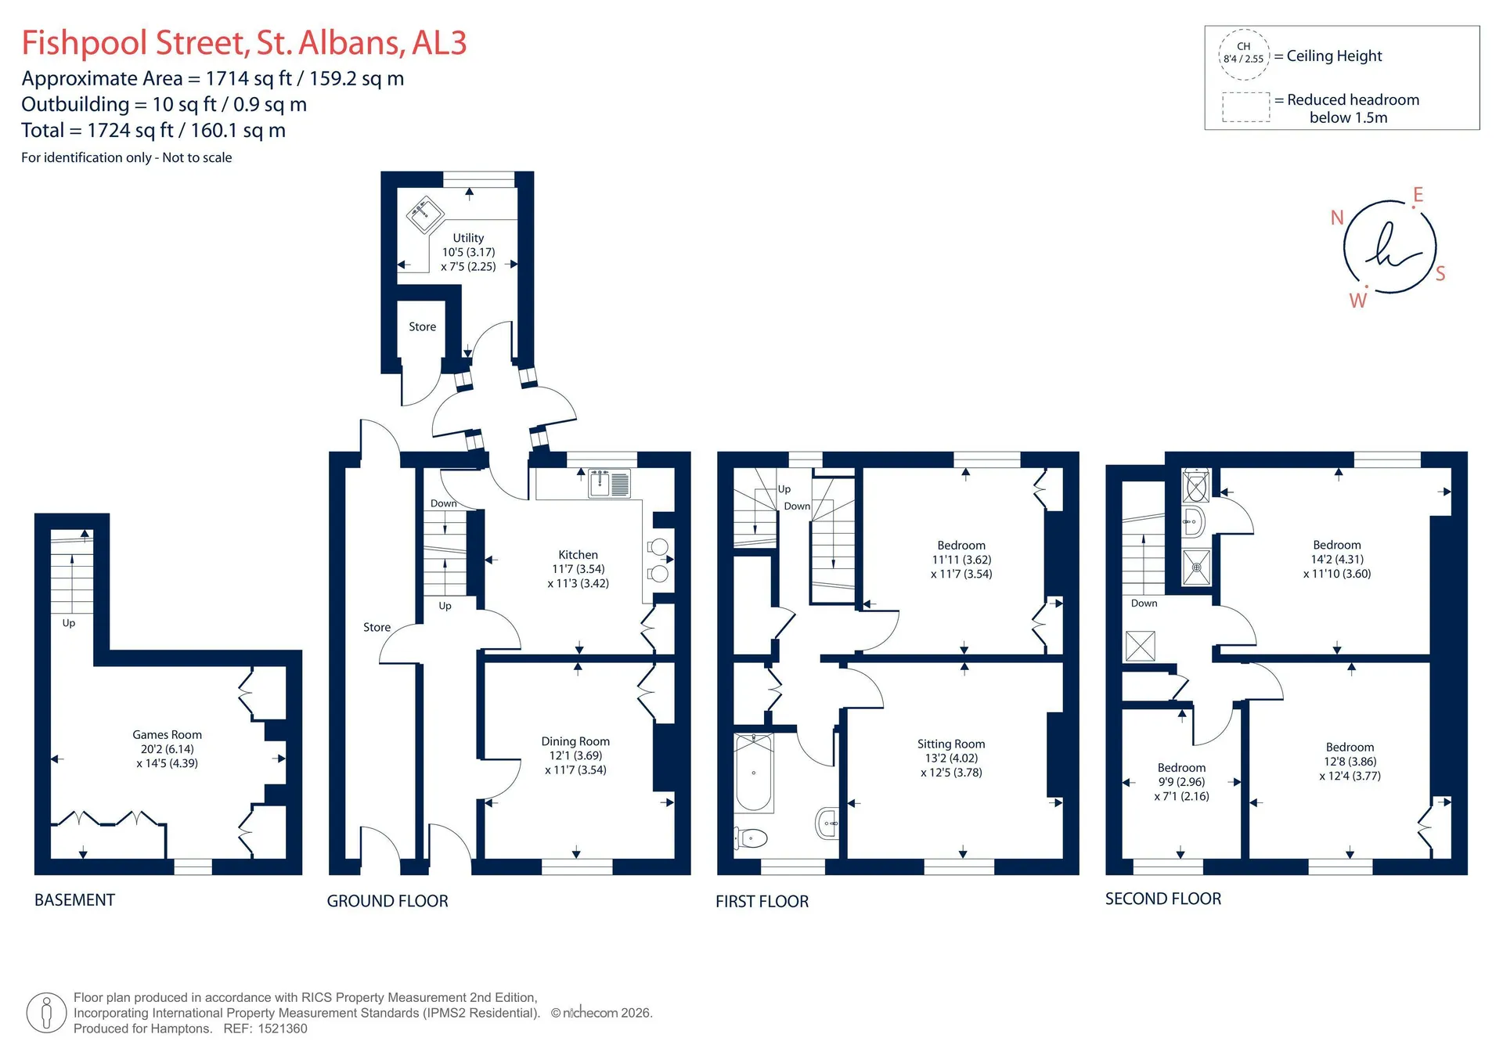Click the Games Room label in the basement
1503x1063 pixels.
tap(167, 734)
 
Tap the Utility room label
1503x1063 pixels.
tap(468, 238)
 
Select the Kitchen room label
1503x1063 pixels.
tap(578, 555)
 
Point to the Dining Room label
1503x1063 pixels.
tap(575, 741)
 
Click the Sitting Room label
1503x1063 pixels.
tap(951, 744)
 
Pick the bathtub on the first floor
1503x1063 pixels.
tap(754, 773)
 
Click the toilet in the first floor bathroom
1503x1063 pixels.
tap(751, 838)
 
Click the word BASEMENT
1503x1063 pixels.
tap(74, 900)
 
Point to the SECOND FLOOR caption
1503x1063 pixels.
tap(1162, 899)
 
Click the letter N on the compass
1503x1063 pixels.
tap(1337, 218)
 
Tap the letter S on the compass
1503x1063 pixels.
tap(1440, 274)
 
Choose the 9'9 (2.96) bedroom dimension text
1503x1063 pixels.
tap(1181, 782)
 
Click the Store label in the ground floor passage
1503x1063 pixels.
tap(377, 627)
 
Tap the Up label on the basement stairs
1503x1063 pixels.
tap(69, 624)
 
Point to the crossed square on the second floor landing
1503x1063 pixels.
tap(1140, 646)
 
